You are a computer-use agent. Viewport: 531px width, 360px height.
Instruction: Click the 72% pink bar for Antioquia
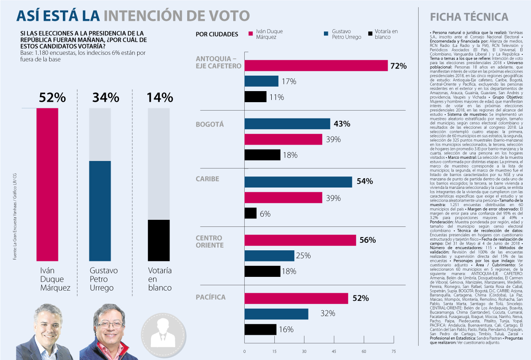[316, 66]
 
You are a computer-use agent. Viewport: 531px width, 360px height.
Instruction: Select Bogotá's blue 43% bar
[287, 124]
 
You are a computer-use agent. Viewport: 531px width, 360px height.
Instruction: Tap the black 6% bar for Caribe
[250, 213]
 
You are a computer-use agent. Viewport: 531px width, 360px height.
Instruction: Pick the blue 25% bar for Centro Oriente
[269, 256]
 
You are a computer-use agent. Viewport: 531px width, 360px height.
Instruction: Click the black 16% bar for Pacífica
[260, 329]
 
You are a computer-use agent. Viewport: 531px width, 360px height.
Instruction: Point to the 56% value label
[367, 240]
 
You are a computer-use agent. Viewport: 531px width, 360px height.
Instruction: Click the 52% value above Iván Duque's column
[52, 97]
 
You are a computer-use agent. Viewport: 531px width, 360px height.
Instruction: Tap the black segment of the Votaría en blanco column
[158, 240]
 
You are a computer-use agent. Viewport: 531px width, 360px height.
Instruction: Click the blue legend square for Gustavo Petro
[326, 34]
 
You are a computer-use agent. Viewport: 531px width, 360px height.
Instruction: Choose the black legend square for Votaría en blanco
[370, 34]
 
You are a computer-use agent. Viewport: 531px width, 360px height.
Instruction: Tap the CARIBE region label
[208, 179]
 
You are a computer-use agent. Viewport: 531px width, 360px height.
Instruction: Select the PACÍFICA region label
[211, 297]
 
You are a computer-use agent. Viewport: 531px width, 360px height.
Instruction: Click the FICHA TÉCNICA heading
[469, 17]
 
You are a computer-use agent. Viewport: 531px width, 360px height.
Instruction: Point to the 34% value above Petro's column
[106, 97]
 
